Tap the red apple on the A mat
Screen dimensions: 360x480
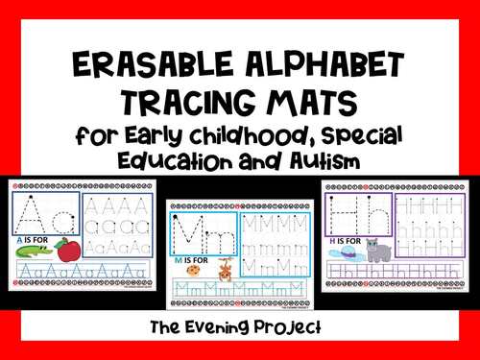click(66, 252)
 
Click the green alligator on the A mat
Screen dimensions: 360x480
click(33, 253)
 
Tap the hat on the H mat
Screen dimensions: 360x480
click(343, 252)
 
